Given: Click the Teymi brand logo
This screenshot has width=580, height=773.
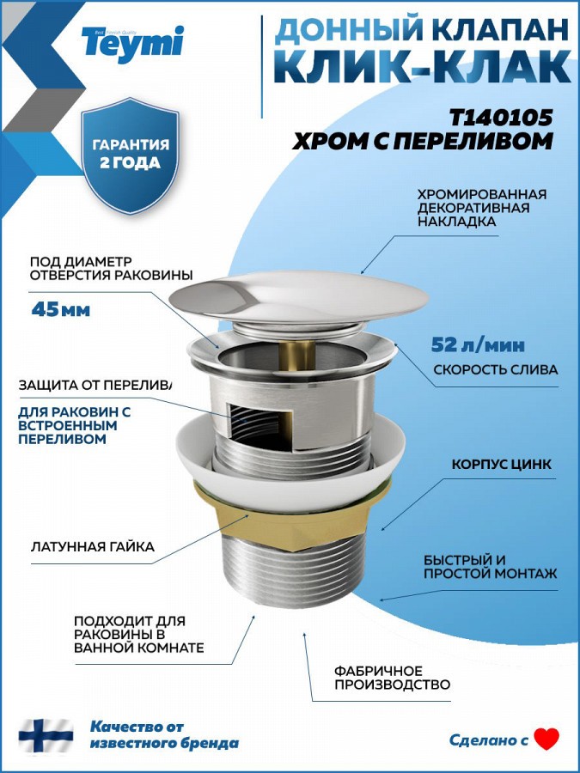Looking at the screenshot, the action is [132, 44].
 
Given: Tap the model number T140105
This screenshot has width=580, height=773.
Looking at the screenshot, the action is [501, 118].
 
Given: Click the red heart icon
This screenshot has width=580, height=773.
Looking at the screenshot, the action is [547, 739].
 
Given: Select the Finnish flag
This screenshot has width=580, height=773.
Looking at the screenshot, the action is [46, 735].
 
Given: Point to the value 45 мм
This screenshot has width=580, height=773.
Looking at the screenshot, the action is [60, 309].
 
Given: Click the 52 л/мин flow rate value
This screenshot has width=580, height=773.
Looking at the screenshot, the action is [478, 345].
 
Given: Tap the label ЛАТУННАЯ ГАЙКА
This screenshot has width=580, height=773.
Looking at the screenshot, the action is [92, 547].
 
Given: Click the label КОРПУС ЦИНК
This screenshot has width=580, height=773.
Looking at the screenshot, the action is [502, 465].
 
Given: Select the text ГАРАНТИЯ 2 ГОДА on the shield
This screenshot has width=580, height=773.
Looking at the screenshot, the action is [131, 154].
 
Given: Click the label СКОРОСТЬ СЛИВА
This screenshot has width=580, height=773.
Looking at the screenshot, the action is [495, 369].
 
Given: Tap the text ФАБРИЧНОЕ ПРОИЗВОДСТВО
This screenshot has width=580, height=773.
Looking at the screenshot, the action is [392, 678].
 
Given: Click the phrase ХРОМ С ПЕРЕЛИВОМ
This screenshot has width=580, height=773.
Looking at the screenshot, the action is [423, 142].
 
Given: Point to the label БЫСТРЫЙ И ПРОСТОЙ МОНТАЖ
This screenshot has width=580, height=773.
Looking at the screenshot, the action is [490, 567].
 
